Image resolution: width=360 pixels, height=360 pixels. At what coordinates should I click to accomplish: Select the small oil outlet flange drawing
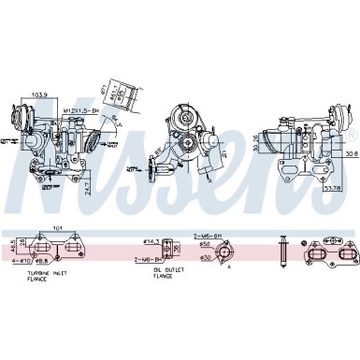pyautogui.click(x=168, y=249)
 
